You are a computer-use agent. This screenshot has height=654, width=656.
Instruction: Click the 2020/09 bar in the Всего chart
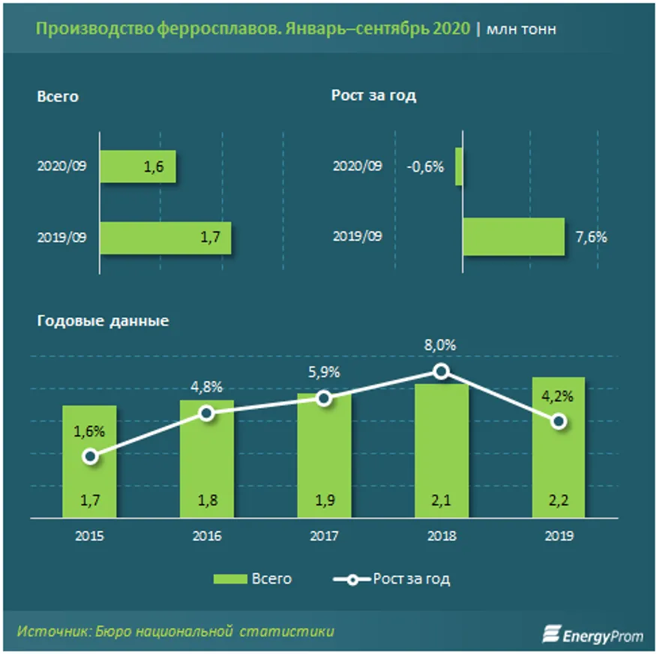137,166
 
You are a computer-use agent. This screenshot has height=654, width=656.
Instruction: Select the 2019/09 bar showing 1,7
165,238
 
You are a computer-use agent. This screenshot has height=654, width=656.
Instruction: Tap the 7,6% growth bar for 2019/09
513,237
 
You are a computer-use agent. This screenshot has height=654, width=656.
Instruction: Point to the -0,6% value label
425,166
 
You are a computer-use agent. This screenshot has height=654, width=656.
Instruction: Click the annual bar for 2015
89,460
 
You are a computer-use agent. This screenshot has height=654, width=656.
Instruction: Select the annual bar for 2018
442,450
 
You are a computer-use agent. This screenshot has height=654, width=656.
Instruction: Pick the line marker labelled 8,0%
442,370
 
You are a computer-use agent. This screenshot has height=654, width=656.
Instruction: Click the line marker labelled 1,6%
90,456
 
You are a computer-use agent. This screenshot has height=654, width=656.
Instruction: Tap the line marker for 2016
207,412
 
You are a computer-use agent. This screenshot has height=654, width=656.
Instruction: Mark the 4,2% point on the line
559,421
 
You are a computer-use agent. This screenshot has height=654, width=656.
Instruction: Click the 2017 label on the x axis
324,536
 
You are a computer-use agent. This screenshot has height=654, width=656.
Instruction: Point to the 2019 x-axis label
559,536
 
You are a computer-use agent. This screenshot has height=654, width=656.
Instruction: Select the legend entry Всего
252,579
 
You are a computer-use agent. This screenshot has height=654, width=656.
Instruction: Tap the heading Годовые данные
103,321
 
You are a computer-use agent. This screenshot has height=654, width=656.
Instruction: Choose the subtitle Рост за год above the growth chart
373,96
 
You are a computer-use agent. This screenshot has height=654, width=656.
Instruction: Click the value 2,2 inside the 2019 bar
559,501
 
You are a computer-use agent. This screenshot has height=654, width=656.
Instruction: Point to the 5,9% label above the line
324,372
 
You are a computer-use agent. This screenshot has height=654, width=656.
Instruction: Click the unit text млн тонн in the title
521,29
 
